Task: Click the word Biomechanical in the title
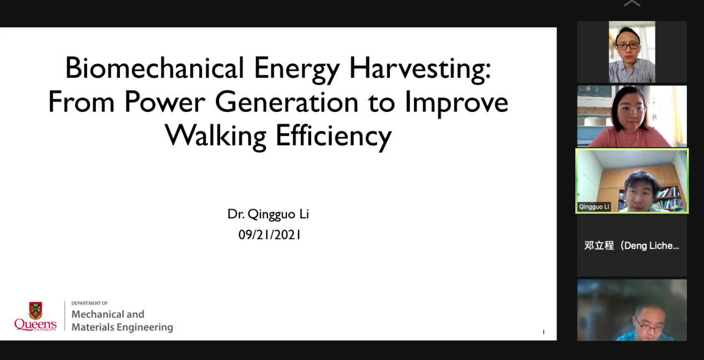(155, 68)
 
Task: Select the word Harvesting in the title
(420, 70)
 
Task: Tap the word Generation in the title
(287, 102)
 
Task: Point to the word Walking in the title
(216, 137)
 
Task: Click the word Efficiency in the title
(334, 137)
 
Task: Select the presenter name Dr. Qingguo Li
(268, 215)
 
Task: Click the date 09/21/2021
(270, 235)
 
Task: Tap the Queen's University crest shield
(36, 311)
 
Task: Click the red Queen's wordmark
(36, 324)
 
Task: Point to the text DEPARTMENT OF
(89, 303)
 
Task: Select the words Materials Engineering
(122, 327)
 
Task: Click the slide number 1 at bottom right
(544, 332)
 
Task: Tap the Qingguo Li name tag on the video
(594, 207)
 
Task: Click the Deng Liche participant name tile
(632, 245)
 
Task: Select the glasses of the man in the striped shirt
(628, 46)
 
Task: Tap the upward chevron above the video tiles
(632, 3)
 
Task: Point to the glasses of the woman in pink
(632, 111)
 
